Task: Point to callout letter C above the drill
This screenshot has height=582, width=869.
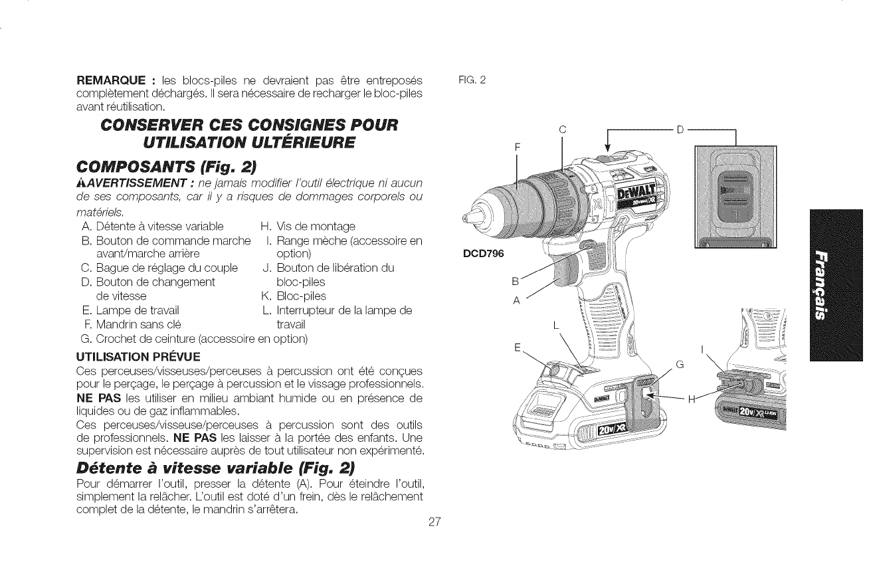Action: pos(562,130)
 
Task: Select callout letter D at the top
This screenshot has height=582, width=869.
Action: pos(680,130)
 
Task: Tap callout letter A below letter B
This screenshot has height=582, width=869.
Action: pos(514,299)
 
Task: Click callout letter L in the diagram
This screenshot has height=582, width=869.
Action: pos(556,327)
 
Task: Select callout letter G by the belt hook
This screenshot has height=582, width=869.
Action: pos(680,363)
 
